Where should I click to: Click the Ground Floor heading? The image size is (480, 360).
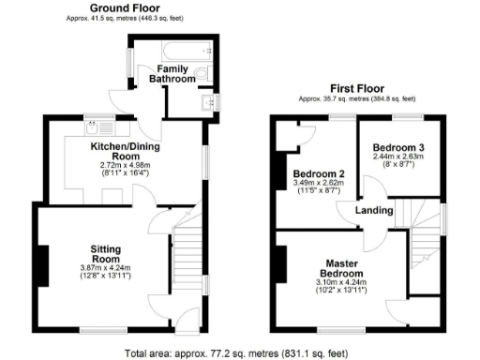coord(122,8)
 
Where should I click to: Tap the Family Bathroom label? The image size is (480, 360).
coord(176,74)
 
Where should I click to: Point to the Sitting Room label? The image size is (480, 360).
coord(105,252)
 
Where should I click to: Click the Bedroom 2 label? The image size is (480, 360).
coord(319,174)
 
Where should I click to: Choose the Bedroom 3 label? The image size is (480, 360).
coord(398,148)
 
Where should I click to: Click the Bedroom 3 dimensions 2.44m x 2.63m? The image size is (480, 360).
coord(398,158)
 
